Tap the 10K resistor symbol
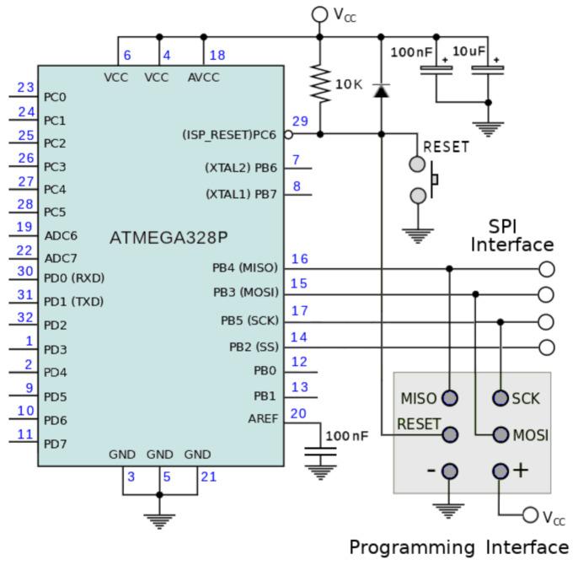pyautogui.click(x=319, y=85)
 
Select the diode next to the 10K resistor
pyautogui.click(x=382, y=87)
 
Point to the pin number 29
pyautogui.click(x=300, y=121)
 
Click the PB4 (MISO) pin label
pyautogui.click(x=245, y=268)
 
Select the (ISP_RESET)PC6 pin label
pyautogui.click(x=229, y=134)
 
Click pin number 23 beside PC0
pyautogui.click(x=25, y=87)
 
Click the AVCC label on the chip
pyautogui.click(x=203, y=78)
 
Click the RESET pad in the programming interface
pyautogui.click(x=450, y=435)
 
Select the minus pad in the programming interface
pyautogui.click(x=450, y=471)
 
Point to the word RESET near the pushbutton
pyautogui.click(x=446, y=146)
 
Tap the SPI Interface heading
pyautogui.click(x=511, y=236)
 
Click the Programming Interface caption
pyautogui.click(x=458, y=546)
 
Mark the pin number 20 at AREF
pyautogui.click(x=299, y=413)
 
